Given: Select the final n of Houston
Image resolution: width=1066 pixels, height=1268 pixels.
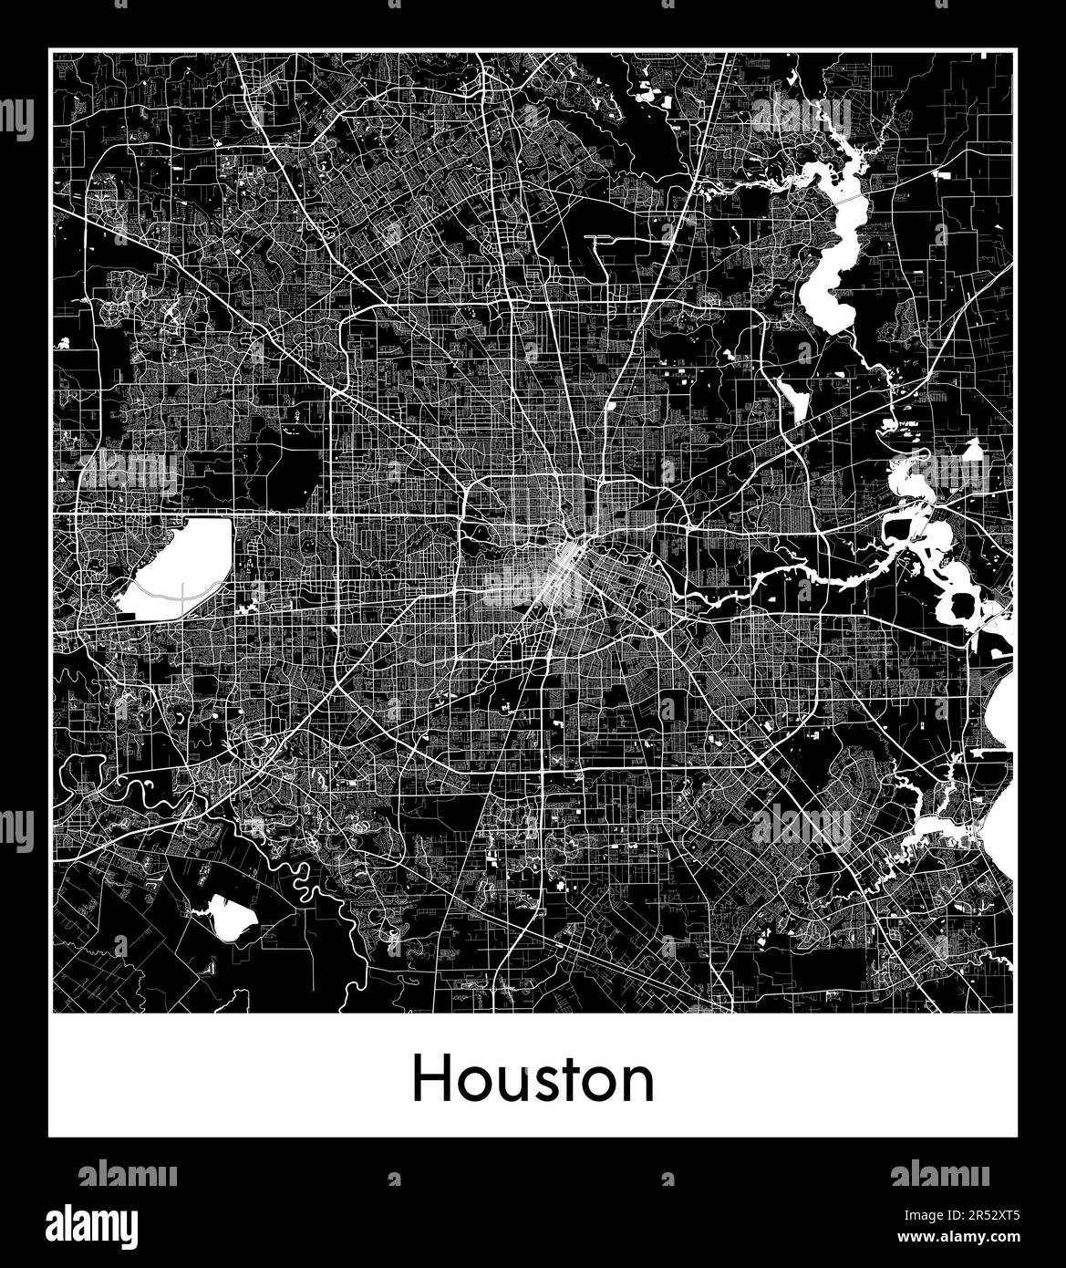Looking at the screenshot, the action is point(639,1085).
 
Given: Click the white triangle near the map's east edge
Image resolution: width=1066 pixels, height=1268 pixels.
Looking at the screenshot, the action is point(973,450).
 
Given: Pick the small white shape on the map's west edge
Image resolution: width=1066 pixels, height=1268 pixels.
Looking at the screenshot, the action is point(64,343).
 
